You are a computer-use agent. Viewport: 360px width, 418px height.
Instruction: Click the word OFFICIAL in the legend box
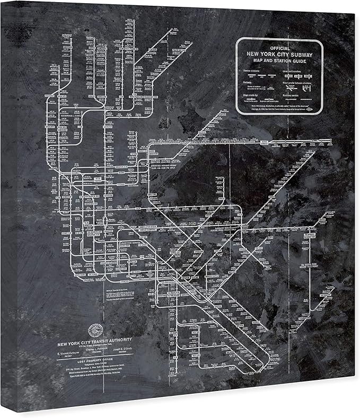(x=279, y=48)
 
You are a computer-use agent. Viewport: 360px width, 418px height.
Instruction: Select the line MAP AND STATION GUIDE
(x=279, y=61)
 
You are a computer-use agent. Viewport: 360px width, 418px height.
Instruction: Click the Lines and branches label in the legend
(x=294, y=72)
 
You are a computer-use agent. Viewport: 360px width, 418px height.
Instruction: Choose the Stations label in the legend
(x=247, y=82)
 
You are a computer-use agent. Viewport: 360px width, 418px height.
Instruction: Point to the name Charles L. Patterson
(x=98, y=349)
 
